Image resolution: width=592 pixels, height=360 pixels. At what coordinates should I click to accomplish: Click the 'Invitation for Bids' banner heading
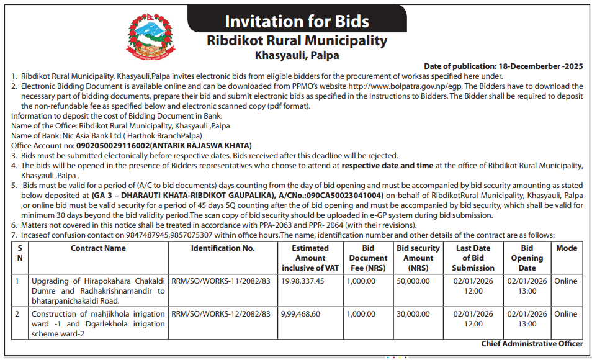pos(296,22)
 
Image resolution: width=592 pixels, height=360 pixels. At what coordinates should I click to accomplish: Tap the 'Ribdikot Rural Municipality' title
pos(297,41)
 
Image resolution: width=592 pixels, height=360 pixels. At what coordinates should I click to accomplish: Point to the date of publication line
pos(503,66)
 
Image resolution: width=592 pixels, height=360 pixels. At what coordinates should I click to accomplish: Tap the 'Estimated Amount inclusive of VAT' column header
pos(310,258)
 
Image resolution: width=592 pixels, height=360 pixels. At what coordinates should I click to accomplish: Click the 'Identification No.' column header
pos(223,248)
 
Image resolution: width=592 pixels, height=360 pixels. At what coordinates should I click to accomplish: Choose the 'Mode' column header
pos(566,248)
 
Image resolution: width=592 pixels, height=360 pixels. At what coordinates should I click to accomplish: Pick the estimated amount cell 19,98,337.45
pos(303,281)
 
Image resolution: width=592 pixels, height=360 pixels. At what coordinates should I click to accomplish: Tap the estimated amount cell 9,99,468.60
pos(301,314)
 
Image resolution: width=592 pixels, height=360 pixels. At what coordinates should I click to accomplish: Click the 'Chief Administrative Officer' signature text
pos(532,344)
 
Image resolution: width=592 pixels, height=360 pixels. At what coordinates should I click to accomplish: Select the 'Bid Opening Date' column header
pos(527,258)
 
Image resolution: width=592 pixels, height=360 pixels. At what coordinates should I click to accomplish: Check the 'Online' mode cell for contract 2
pos(566,314)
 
